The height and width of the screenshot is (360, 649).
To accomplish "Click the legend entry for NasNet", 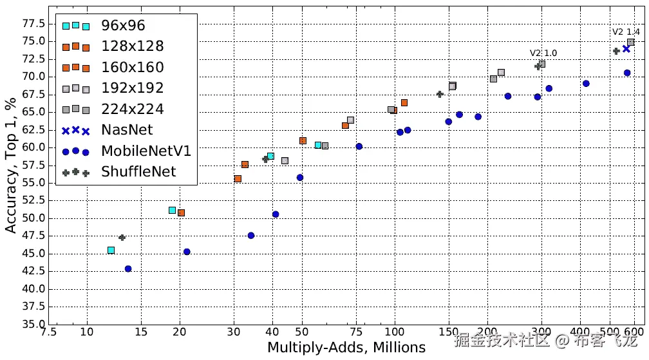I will [127, 129].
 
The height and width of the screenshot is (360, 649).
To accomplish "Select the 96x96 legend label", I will [123, 26].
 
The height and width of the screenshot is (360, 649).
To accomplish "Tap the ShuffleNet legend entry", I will [138, 171].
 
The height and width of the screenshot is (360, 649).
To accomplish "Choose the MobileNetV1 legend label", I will [146, 150].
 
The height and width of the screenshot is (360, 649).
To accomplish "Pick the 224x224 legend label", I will [132, 109].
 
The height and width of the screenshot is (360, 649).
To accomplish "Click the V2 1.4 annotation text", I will [626, 32].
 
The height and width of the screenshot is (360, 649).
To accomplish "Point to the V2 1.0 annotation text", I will [543, 53].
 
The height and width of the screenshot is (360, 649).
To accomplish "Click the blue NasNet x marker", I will [626, 49].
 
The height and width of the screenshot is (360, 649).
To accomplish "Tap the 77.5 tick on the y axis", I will [33, 24].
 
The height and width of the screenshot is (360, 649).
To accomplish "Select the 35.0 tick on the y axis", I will [33, 324].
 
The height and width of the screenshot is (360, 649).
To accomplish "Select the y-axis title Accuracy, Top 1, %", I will [11, 165].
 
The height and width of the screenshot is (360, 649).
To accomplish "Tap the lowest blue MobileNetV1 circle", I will [128, 269].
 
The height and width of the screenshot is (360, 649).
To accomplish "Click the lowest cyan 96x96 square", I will [111, 250].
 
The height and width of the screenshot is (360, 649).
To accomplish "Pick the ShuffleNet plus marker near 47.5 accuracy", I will [122, 238].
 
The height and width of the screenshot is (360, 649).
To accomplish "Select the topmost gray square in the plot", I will [631, 42].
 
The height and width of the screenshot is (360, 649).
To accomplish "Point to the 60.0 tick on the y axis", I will [33, 147].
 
